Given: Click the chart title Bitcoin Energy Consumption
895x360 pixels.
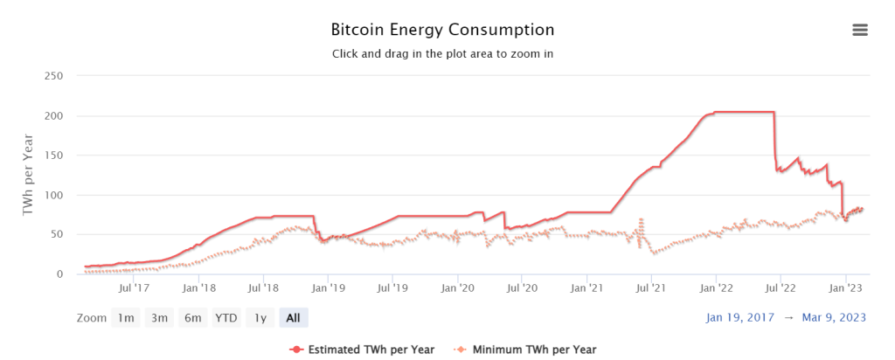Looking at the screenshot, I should (442, 29).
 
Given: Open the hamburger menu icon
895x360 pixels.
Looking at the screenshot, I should (860, 30).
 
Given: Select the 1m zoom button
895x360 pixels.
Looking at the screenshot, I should (126, 318).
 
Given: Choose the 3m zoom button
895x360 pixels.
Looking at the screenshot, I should (159, 318).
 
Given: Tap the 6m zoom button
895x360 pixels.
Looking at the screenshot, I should (191, 318).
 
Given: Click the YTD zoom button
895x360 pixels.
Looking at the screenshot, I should (226, 318).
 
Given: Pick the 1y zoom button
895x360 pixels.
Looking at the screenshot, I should (260, 318).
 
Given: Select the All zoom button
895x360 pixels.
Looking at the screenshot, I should (294, 318).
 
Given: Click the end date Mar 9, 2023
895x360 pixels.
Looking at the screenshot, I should (834, 318).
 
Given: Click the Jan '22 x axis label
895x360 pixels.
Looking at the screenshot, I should (717, 287).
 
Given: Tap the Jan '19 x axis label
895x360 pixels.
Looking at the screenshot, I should (329, 287).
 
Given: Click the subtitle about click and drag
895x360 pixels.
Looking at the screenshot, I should (442, 53).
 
